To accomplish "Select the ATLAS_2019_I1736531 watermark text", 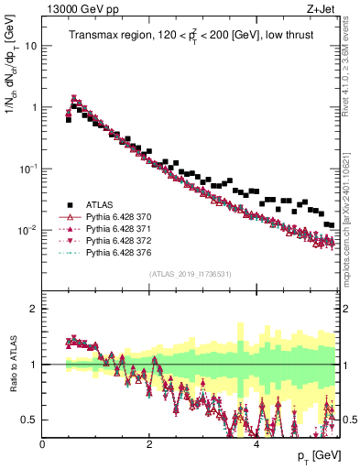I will coord(191,274).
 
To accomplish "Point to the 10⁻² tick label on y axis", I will coord(27,230).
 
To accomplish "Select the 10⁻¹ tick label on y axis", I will coord(27,169).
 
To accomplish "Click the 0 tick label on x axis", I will coord(43,444).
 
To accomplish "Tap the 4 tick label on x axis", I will coord(256,444).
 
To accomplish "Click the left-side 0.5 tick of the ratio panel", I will coord(30,420).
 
